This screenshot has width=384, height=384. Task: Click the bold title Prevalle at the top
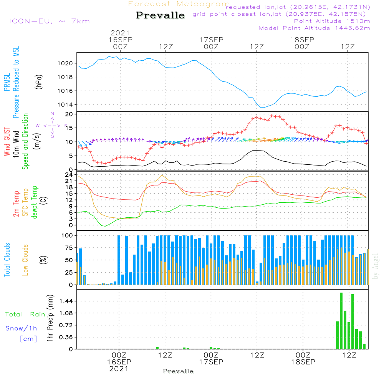tap(160, 15)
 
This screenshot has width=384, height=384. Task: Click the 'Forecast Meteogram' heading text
tap(179, 4)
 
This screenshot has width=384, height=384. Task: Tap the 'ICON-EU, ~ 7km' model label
tap(49, 21)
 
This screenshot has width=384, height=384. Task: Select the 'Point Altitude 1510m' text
tap(332, 21)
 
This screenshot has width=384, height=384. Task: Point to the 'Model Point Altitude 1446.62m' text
tap(314, 28)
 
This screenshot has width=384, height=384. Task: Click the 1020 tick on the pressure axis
tap(68, 63)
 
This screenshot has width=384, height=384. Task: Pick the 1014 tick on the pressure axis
tap(68, 105)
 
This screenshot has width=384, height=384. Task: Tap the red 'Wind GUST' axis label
tap(7, 142)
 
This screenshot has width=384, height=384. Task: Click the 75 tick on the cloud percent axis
tap(70, 248)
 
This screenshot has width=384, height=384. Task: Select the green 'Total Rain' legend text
tap(25, 314)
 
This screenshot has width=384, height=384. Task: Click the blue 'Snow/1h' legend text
tap(21, 328)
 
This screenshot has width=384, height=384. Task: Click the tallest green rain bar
tap(341, 321)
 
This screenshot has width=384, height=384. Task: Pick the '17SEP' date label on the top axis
tap(211, 40)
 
